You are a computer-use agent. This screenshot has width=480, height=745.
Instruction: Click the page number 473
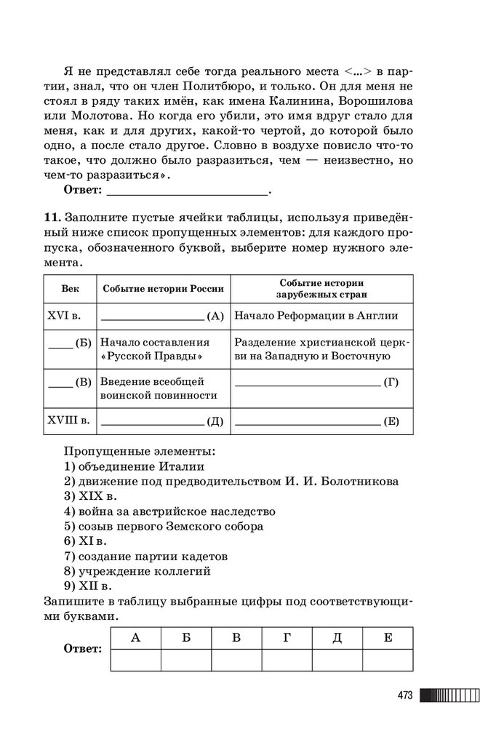click(x=405, y=696)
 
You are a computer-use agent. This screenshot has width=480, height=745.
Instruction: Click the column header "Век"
click(x=71, y=288)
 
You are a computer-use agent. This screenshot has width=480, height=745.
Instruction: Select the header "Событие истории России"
click(x=163, y=288)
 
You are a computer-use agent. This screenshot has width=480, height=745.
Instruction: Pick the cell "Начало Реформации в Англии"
click(x=316, y=316)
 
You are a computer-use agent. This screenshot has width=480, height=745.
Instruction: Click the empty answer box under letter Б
click(x=186, y=660)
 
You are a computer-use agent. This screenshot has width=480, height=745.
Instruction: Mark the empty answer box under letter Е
click(x=388, y=660)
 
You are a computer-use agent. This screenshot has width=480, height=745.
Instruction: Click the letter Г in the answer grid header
click(x=287, y=638)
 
